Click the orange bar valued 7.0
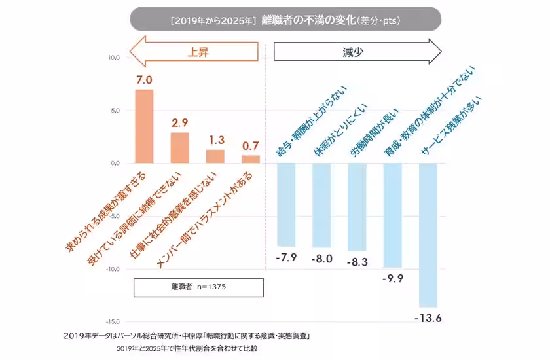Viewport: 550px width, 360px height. coord(144,126)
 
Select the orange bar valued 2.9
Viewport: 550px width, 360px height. coord(179,147)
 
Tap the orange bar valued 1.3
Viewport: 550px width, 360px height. coord(215,156)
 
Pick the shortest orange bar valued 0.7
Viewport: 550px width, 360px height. coord(250,159)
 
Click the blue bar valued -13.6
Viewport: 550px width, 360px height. coord(428,234)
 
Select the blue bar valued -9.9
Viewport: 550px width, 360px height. coord(392,215)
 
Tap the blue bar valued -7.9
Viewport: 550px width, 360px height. coord(286,204)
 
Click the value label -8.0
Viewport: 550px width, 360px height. coord(322,259)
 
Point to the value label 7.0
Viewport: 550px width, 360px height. coord(144,80)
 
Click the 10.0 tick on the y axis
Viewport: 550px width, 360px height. coord(114,58)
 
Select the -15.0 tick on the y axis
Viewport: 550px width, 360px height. coord(113,321)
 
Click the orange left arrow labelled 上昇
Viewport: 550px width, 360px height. coord(197,52)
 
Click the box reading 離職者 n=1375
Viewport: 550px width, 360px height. coord(198,287)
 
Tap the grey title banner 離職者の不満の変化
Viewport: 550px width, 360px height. coord(285,20)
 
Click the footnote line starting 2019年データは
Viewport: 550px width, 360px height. coord(187,336)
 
